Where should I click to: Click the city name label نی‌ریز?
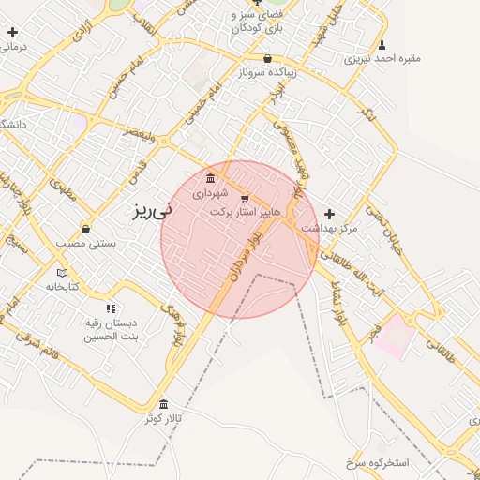(151, 212)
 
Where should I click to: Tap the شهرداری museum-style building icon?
(209, 178)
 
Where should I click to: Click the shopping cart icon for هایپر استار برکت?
(245, 198)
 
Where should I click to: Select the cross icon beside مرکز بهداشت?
(329, 214)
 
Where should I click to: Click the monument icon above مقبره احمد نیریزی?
(382, 44)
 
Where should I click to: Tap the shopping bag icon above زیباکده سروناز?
(267, 58)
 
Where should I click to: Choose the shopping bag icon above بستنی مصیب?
(86, 229)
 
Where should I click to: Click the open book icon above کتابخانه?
(62, 273)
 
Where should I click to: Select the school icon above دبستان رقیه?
(111, 307)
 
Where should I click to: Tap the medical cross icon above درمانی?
(11, 33)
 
